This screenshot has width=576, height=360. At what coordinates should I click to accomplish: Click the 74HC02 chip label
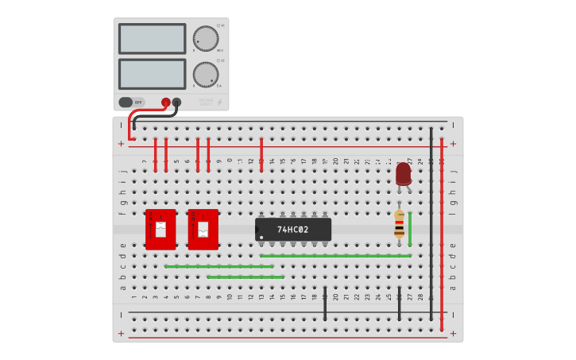292,230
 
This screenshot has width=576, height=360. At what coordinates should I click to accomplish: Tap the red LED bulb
404,172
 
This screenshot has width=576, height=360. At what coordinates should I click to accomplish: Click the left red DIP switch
160,230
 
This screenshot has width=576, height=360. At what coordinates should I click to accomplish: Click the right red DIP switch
203,230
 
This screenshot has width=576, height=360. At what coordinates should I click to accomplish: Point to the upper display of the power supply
152,38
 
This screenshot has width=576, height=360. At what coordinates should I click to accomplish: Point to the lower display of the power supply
152,74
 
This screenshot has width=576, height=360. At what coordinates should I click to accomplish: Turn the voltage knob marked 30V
205,38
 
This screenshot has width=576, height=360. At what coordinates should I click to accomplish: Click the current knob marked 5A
205,75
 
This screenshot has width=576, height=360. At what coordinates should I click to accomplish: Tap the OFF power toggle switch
131,102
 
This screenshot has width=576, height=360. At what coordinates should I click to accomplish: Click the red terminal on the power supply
166,102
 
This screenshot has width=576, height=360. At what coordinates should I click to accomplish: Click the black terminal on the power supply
176,102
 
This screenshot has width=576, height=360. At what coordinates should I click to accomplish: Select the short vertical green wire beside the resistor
410,229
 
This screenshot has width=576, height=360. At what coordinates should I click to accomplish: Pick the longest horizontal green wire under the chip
335,256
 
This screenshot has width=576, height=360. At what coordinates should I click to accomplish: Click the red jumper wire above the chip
261,155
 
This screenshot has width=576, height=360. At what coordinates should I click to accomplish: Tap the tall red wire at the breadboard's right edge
442,230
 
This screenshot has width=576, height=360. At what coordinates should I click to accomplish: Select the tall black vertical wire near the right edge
431,223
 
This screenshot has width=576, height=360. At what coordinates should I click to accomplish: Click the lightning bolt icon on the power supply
219,102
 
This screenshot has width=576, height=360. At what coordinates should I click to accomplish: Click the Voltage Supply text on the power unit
207,102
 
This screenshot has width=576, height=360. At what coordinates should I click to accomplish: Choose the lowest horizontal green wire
245,277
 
